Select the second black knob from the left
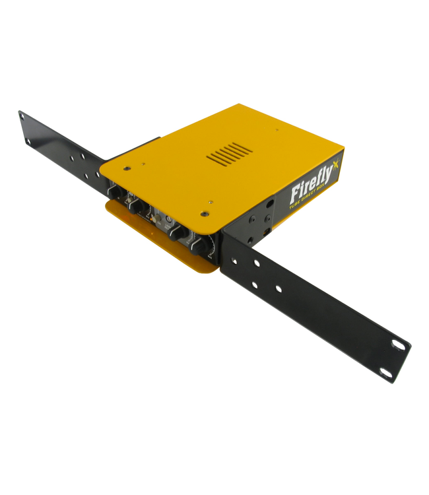pyautogui.click(x=139, y=207)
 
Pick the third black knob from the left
pyautogui.click(x=178, y=233)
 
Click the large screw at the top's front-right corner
pyautogui.click(x=205, y=213)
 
